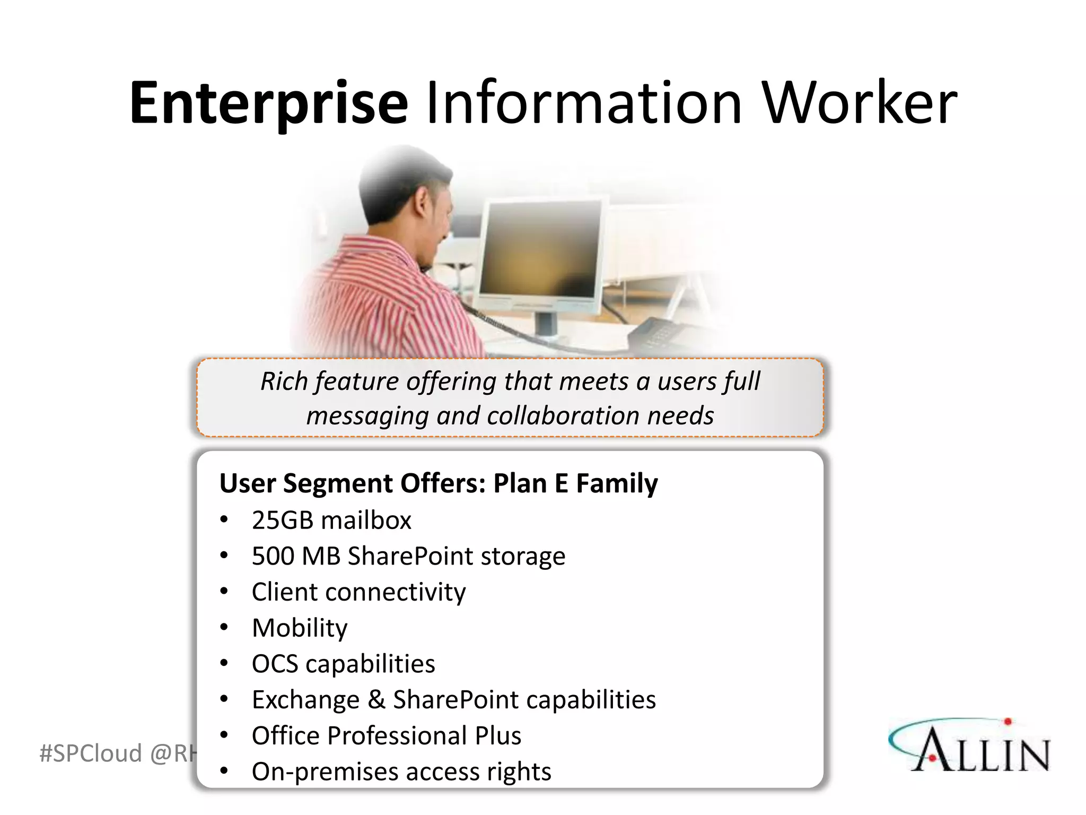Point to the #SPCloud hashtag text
(x=90, y=753)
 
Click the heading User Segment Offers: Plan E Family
(x=438, y=483)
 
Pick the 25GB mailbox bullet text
(x=331, y=521)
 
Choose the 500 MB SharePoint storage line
(x=408, y=556)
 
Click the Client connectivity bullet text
(x=358, y=592)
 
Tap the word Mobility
(x=300, y=628)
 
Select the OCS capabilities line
(x=343, y=664)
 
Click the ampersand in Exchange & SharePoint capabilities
(x=376, y=699)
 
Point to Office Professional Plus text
(x=386, y=736)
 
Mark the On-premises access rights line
(x=401, y=772)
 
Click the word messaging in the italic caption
(x=367, y=416)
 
